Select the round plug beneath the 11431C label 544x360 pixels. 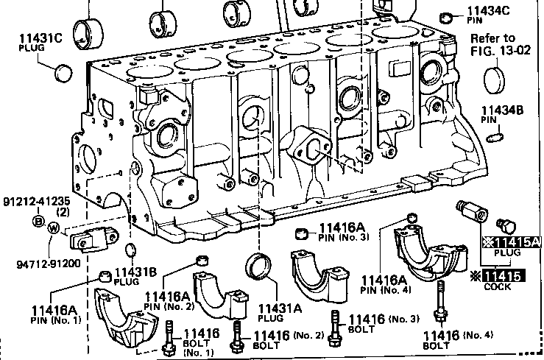click(x=65, y=72)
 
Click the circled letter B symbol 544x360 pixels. click(x=37, y=221)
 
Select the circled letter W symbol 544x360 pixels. click(x=53, y=228)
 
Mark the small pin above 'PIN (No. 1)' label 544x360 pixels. click(x=105, y=276)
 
